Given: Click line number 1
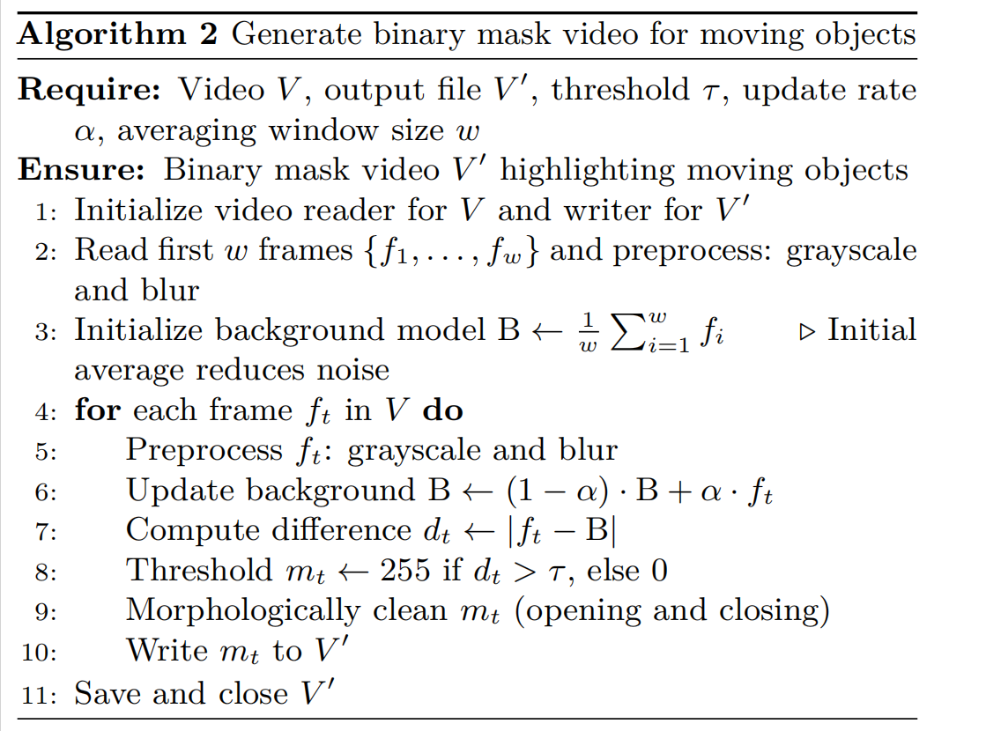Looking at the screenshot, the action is pyautogui.click(x=46, y=211).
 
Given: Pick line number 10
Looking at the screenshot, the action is pyautogui.click(x=41, y=653).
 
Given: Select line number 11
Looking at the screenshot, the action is pyautogui.click(x=41, y=694).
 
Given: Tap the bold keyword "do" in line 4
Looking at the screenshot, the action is pyautogui.click(x=444, y=410).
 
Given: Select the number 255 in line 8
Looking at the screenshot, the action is pyautogui.click(x=404, y=571).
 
